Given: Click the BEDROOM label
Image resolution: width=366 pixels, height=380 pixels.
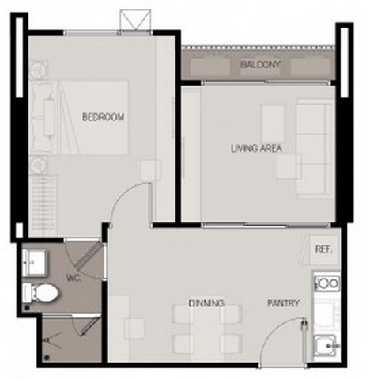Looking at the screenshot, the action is tap(103, 117).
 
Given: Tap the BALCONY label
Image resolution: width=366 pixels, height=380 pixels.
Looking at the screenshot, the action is tap(260, 64).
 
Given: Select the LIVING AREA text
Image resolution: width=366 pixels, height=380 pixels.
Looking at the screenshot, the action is tap(256, 149).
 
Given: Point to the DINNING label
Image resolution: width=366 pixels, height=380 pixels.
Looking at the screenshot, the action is tap(206, 303).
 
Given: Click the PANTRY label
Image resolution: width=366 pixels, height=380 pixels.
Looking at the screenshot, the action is tap(283, 303).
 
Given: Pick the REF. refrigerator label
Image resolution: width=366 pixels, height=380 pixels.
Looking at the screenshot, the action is tap(323, 249).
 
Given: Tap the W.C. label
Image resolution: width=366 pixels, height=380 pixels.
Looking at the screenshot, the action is tap(74, 278).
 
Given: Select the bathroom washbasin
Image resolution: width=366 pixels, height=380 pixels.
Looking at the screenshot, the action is tap(35, 263).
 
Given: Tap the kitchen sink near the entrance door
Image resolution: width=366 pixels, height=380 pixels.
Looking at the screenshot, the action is tap(326, 345).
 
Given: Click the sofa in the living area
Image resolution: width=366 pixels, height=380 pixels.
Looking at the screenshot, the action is tap(315, 149).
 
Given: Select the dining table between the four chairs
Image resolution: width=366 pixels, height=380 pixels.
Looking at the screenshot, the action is tap(207, 329).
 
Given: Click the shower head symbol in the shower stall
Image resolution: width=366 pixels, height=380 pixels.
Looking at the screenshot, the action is tap(49, 340).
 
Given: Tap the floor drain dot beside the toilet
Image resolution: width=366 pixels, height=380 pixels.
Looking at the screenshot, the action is tap(27, 308).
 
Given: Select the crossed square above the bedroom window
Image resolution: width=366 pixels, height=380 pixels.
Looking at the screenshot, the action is tap(135, 21).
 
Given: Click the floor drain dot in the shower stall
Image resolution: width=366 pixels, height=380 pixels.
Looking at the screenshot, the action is tap(47, 358).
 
